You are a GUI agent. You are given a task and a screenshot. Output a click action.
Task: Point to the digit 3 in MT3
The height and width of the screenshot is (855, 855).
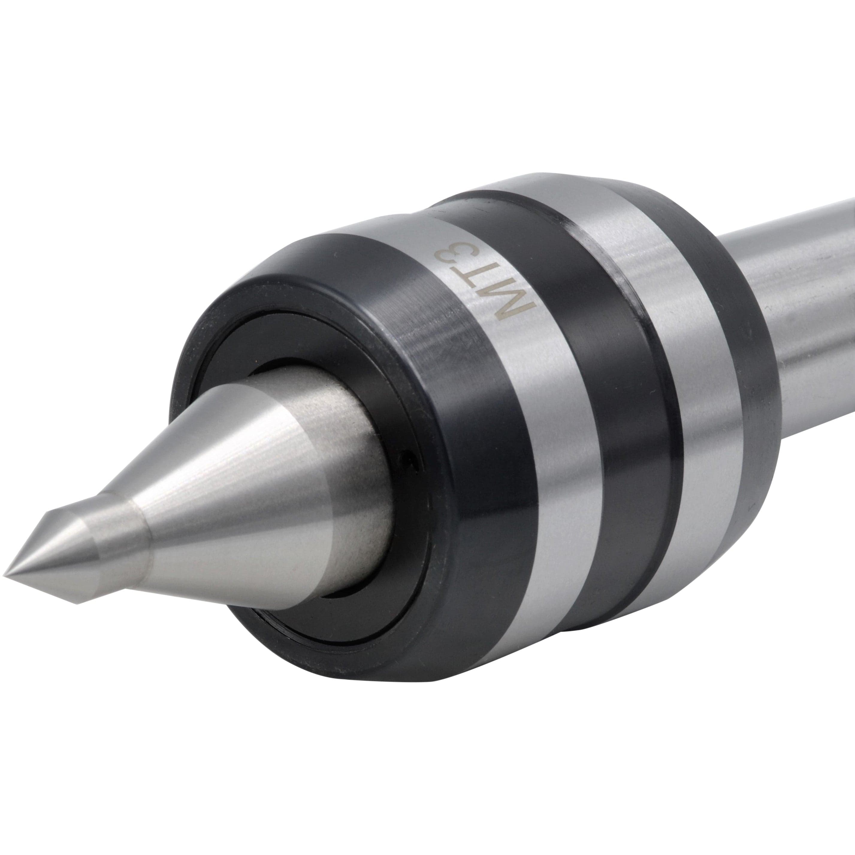pos(458,259)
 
